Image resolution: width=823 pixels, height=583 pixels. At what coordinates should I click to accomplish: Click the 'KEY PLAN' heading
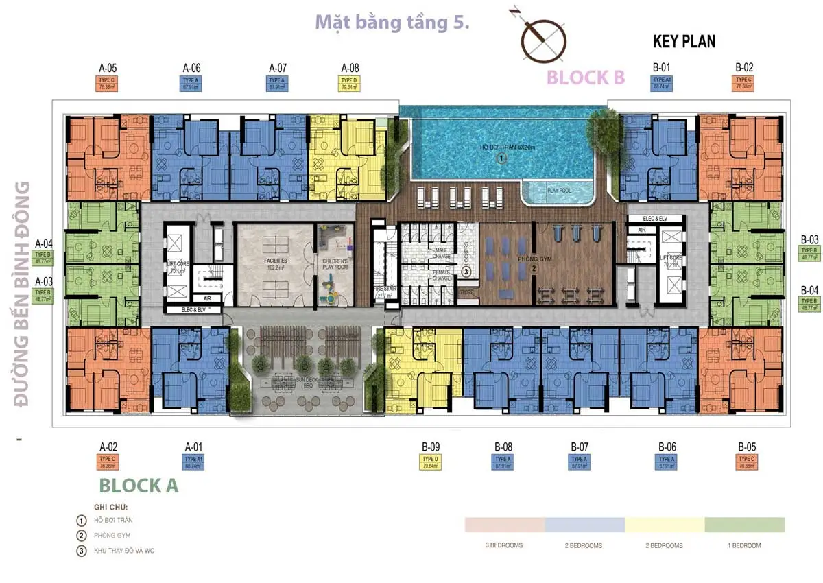tap(684, 41)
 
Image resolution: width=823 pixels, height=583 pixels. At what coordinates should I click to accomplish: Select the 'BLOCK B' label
tap(585, 77)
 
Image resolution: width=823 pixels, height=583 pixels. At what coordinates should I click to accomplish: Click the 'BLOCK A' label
tap(139, 485)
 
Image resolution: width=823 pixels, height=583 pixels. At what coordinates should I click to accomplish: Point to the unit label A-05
tap(108, 68)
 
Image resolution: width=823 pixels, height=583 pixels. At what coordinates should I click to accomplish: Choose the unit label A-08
tap(350, 68)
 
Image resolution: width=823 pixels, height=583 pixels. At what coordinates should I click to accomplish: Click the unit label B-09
tap(431, 447)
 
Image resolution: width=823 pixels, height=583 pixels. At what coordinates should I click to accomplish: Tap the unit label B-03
tap(809, 240)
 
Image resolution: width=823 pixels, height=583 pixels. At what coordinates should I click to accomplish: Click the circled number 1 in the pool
tap(501, 158)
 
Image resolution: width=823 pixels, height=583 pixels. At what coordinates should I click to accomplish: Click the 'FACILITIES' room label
tap(274, 261)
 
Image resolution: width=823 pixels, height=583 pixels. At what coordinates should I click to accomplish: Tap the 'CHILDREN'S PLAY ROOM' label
tap(335, 265)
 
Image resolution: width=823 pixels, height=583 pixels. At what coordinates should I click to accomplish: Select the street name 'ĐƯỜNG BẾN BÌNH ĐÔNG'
tap(24, 295)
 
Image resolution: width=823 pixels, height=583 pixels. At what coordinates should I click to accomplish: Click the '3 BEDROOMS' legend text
tap(504, 545)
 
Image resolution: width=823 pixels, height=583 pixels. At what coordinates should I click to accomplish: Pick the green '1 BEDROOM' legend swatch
tap(744, 525)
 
